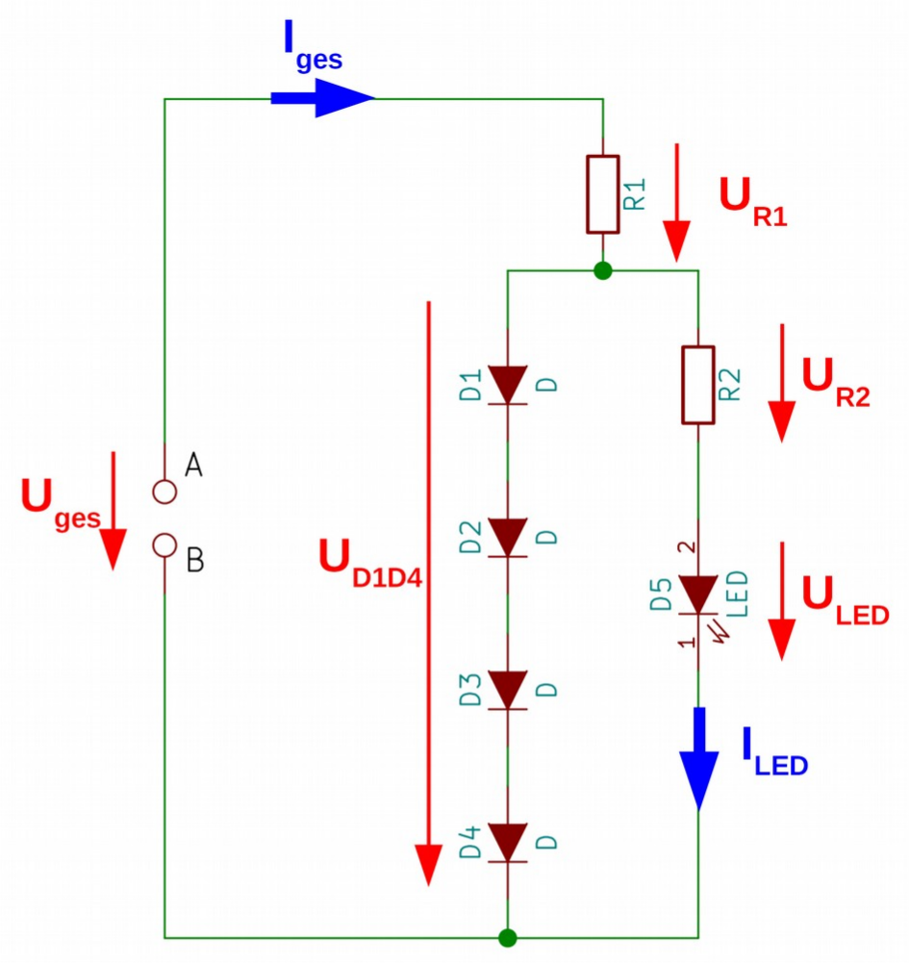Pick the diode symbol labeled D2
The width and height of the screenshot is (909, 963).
[505, 535]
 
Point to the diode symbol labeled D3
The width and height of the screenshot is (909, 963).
[505, 689]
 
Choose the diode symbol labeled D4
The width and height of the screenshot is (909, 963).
[505, 842]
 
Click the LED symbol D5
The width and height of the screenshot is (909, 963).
[697, 594]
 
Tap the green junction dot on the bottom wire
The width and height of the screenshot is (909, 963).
[506, 937]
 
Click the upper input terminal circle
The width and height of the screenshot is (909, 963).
[164, 491]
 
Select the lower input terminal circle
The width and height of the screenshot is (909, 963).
[164, 546]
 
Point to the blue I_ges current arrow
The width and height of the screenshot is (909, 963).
[322, 98]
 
